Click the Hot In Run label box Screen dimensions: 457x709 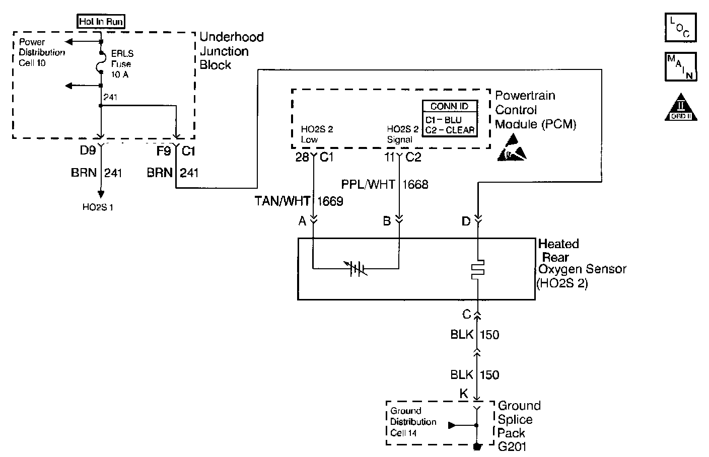click(101, 22)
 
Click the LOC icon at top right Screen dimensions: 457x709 click(680, 28)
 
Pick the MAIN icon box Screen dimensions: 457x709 click(680, 67)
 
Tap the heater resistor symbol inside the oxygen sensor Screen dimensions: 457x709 click(478, 270)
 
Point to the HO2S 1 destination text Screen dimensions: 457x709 click(98, 207)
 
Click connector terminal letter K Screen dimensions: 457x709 click(464, 394)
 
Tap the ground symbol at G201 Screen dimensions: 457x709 click(477, 446)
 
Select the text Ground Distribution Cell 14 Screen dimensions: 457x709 click(413, 422)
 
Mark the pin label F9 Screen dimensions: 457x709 click(164, 150)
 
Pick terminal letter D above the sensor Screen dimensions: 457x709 click(466, 221)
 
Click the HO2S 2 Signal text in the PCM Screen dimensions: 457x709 click(402, 134)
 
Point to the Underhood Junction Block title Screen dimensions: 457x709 click(231, 51)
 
